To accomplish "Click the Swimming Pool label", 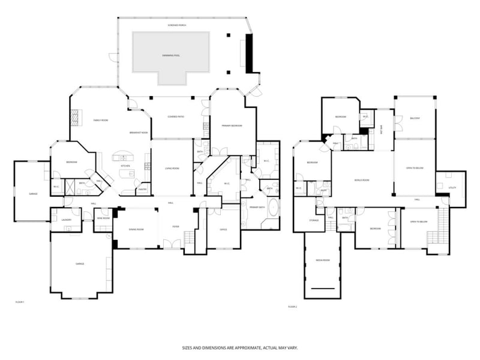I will (171, 55).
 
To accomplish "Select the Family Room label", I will (100, 121).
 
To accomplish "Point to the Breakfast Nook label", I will (139, 133).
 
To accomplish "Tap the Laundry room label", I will (67, 220).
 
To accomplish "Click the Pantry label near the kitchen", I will (143, 189).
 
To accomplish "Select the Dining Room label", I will (136, 229).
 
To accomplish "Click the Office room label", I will (223, 229).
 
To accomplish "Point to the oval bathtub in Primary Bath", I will (274, 209).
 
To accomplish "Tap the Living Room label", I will (172, 169).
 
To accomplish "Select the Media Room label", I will (323, 260).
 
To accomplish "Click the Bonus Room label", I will (361, 180).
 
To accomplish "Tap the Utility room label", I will (452, 188).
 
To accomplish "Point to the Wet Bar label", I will (382, 128).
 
